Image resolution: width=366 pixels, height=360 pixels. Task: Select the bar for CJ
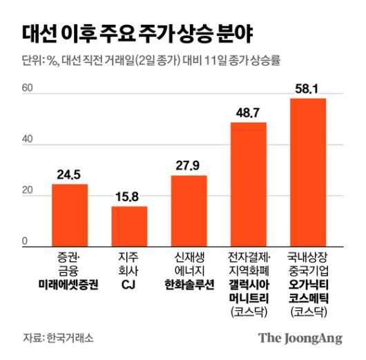[x=129, y=226]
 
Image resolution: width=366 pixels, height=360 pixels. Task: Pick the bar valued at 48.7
[x=248, y=184]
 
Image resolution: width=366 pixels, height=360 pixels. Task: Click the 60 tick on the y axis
[x=27, y=88]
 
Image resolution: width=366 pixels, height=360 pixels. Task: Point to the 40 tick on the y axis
[x=27, y=140]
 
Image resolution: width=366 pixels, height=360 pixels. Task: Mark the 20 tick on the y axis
[x=27, y=191]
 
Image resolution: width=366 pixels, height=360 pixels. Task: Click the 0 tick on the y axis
[x=24, y=241]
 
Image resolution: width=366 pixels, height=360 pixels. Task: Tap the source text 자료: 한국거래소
[x=57, y=338]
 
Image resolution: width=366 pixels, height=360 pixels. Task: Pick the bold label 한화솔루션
[x=189, y=284]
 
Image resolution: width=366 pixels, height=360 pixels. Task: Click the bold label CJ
[x=129, y=284]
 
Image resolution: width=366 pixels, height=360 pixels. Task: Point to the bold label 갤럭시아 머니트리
[x=248, y=290]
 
